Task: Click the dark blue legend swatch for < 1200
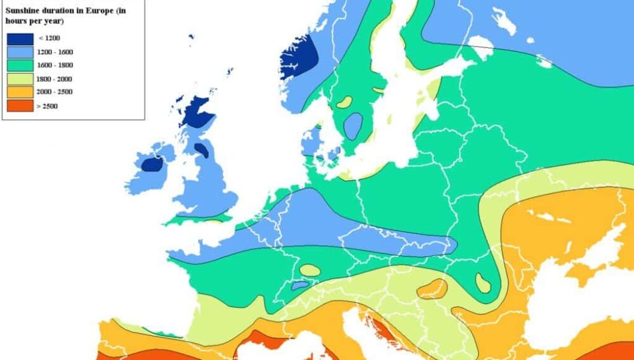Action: point(20,39)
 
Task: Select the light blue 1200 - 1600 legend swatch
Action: point(20,52)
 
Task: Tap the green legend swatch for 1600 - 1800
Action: point(20,65)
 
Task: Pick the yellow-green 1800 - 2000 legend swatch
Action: point(20,79)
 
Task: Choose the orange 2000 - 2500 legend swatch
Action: point(20,92)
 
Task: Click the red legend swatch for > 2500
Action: point(20,105)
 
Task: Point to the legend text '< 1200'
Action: point(50,39)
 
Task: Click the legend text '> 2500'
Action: point(47,106)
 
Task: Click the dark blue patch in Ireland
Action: point(152,164)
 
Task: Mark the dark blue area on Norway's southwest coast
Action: point(298,56)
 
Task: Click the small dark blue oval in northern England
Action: point(201,150)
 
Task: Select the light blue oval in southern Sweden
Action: point(353,126)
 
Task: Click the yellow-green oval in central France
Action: point(310,270)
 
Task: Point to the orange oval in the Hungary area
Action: point(432,288)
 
